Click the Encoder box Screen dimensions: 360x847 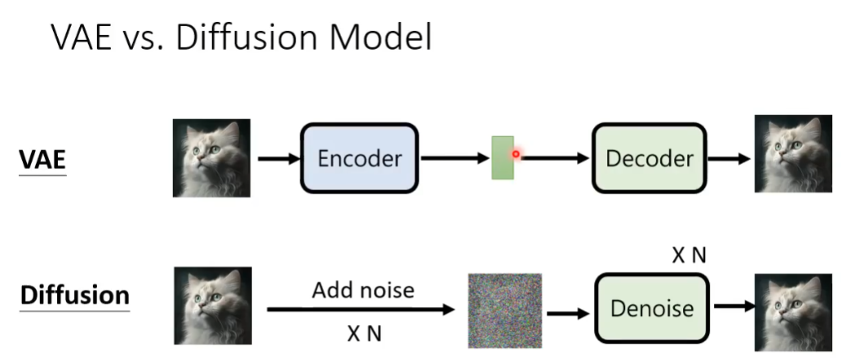click(x=359, y=158)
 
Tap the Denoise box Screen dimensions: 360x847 click(x=651, y=308)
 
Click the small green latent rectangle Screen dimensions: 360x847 click(x=502, y=158)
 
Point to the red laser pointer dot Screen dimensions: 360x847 click(x=516, y=153)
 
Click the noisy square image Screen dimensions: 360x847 click(x=504, y=310)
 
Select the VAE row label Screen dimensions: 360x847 click(x=42, y=160)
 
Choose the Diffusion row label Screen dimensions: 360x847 click(x=75, y=296)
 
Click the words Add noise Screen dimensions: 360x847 click(x=362, y=290)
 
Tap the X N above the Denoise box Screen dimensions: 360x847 click(x=690, y=256)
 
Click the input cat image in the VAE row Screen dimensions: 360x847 click(x=211, y=158)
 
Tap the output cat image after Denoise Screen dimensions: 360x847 click(x=792, y=309)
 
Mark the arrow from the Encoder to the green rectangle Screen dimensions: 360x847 click(x=454, y=158)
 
